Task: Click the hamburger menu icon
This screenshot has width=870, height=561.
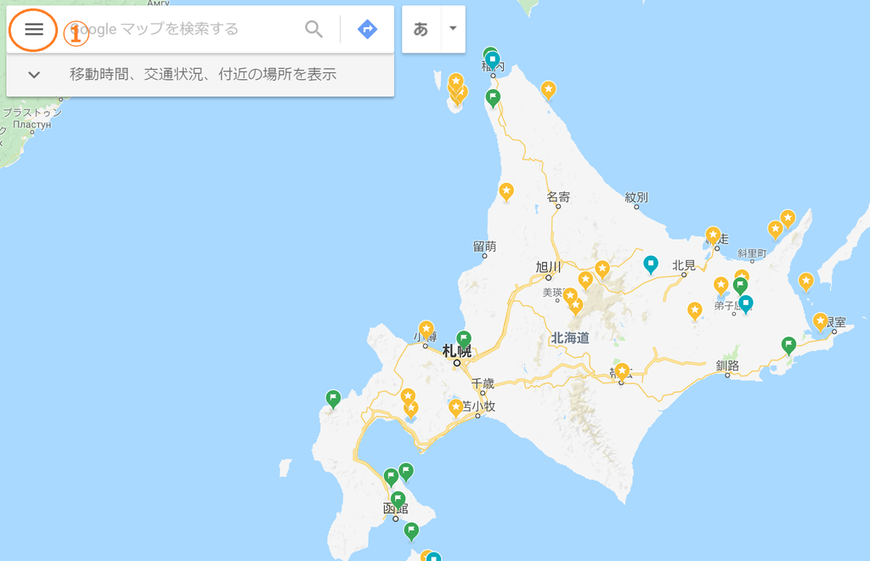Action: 34,29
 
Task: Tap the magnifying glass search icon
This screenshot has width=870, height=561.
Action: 314,29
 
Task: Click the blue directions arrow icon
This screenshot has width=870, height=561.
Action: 367,29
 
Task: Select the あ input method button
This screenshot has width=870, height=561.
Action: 421,29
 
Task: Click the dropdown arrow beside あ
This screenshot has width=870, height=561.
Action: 453,28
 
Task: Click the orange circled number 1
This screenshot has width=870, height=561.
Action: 76,34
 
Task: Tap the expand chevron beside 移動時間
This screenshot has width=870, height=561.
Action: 34,75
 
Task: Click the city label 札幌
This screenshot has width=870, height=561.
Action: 456,350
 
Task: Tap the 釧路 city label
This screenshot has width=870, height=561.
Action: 727,365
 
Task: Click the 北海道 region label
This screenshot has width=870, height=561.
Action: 570,337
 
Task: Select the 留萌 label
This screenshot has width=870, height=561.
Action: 484,246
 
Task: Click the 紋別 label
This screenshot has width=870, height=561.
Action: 636,197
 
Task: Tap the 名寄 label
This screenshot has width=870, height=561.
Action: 558,197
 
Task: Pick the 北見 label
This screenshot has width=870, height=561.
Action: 684,265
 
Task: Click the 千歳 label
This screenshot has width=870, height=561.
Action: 483,383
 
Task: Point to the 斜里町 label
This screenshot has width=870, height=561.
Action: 752,253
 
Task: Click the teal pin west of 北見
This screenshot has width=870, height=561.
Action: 651,264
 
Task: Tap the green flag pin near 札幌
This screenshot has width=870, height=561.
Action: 464,339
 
